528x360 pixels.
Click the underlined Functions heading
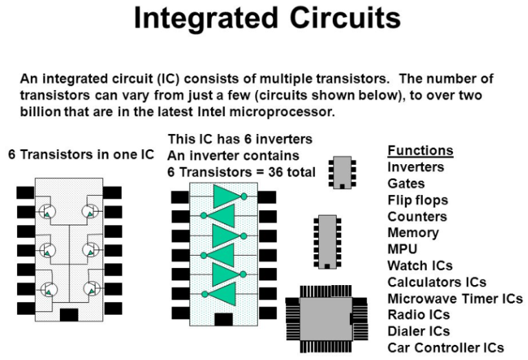[420, 150]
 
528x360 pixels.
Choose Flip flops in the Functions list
[417, 200]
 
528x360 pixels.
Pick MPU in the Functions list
[402, 249]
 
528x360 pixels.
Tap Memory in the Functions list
[412, 232]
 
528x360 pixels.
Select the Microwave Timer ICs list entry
[455, 298]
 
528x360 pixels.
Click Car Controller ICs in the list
[445, 348]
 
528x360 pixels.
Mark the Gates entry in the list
[406, 183]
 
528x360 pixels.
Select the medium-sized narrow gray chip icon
[327, 240]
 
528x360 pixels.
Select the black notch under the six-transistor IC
[69, 315]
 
